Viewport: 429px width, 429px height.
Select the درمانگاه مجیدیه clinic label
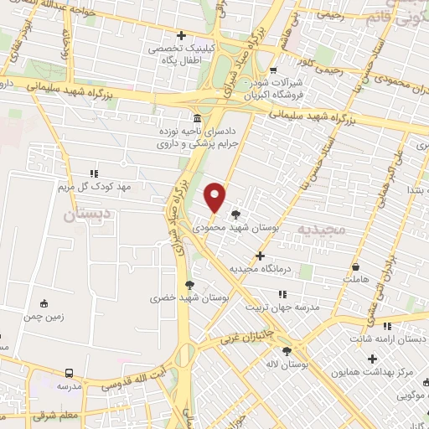[260, 269]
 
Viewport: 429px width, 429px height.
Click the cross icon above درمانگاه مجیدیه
[260, 256]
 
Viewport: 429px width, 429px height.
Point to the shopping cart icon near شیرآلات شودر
[272, 71]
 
